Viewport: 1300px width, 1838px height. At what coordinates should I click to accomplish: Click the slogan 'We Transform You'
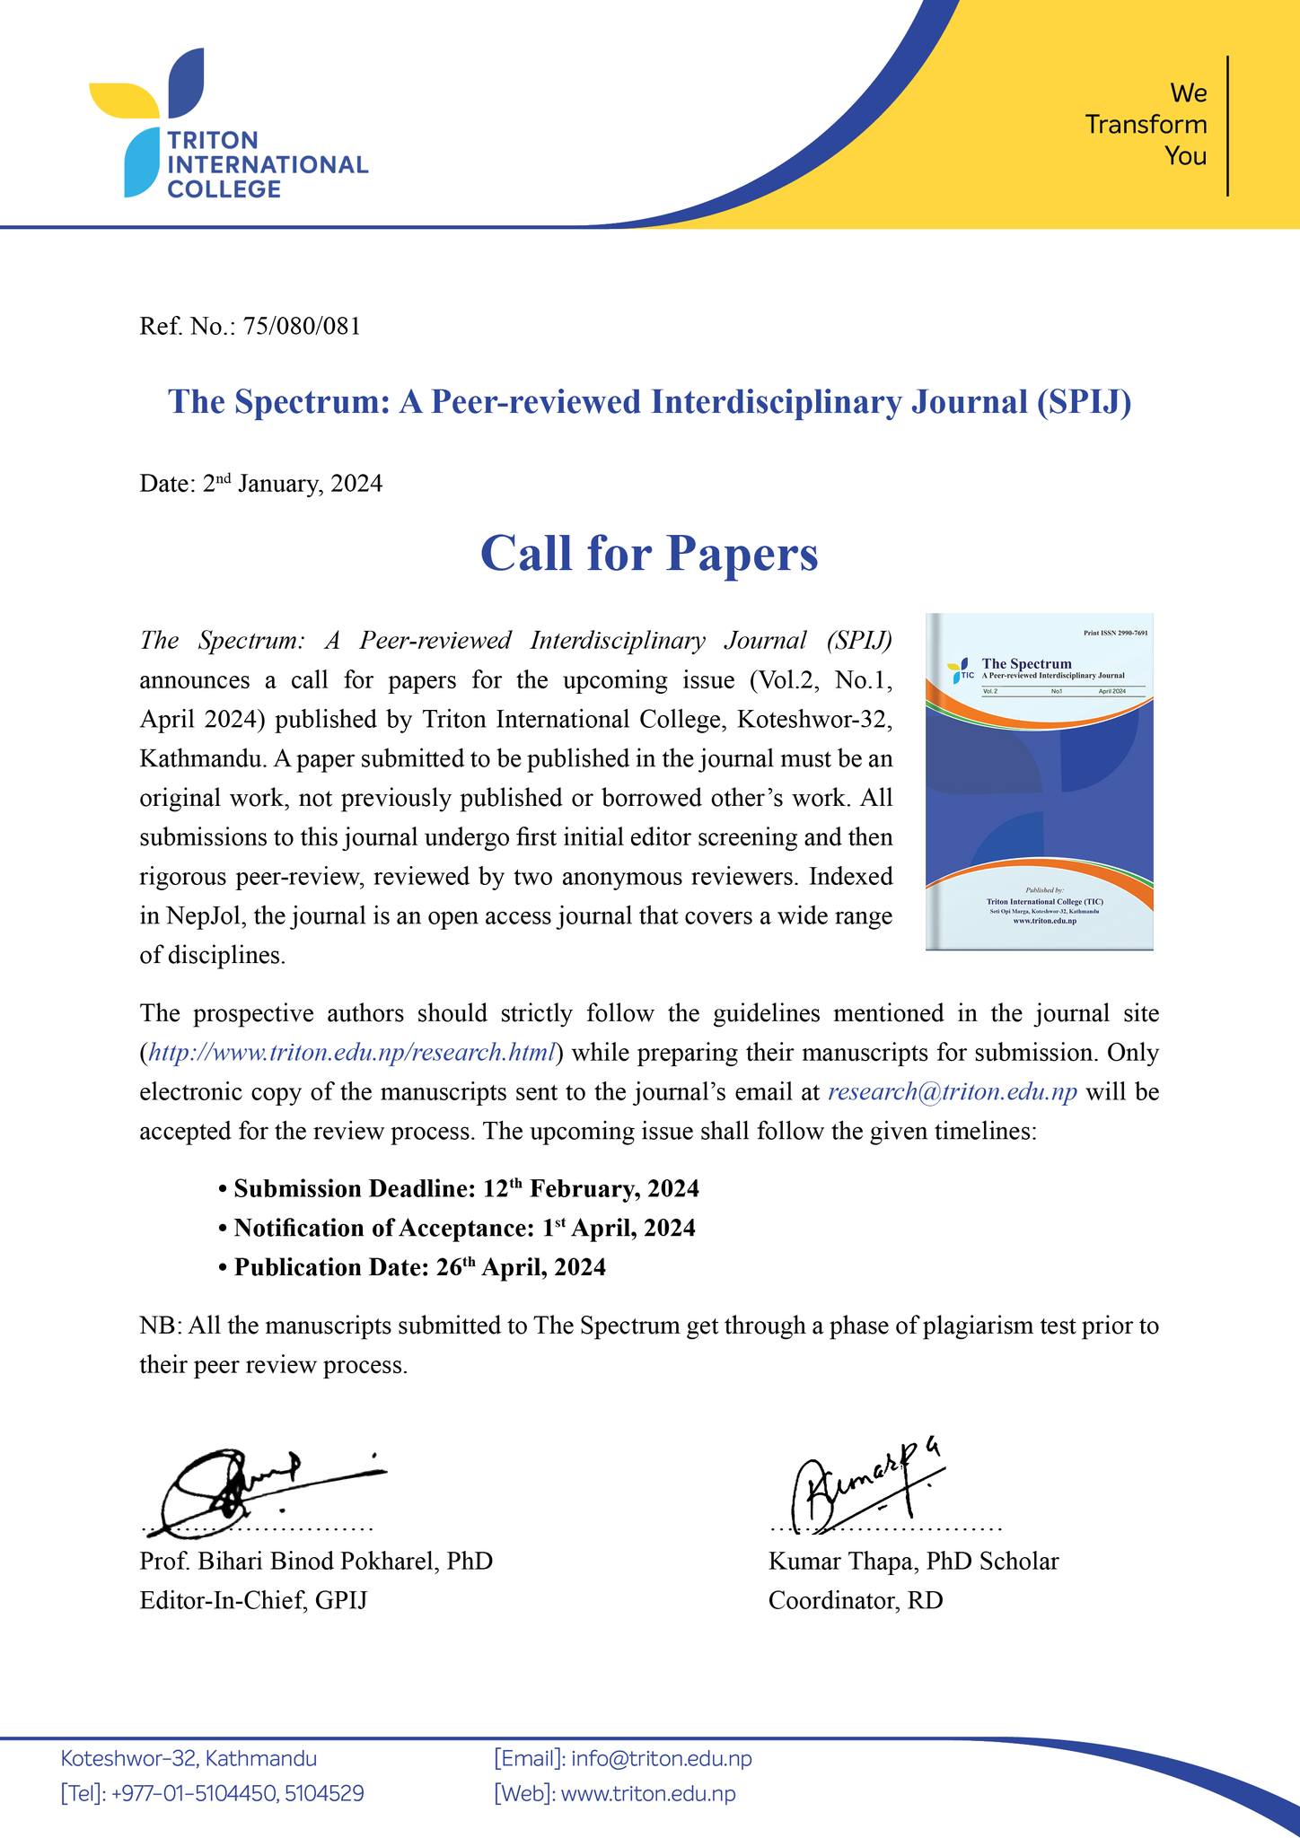point(1146,125)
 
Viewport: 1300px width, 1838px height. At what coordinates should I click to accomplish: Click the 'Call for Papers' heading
point(649,553)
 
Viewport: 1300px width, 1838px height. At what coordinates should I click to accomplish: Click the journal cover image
point(1039,781)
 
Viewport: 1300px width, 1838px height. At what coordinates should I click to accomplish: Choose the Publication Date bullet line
point(419,1267)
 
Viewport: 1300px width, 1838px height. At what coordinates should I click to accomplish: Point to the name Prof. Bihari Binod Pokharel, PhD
point(316,1561)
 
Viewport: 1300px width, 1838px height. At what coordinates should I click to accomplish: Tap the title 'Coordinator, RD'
point(855,1600)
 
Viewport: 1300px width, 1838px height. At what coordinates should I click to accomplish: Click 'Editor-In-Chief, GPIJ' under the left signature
point(253,1600)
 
